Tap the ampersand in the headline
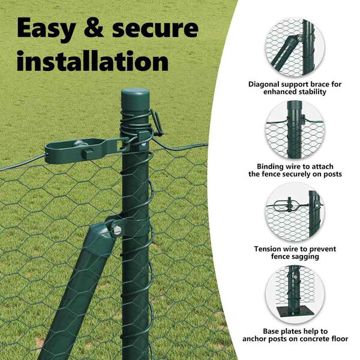coord(94,28)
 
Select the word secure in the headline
coord(155,29)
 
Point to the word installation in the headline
coord(92,61)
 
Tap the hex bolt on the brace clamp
coord(116,229)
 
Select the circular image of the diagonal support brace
coord(295,47)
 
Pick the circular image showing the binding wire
coord(295,130)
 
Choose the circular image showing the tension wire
coord(295,212)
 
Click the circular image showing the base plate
coord(295,295)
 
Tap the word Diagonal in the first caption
coord(264,85)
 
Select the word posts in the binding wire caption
coord(332,174)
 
